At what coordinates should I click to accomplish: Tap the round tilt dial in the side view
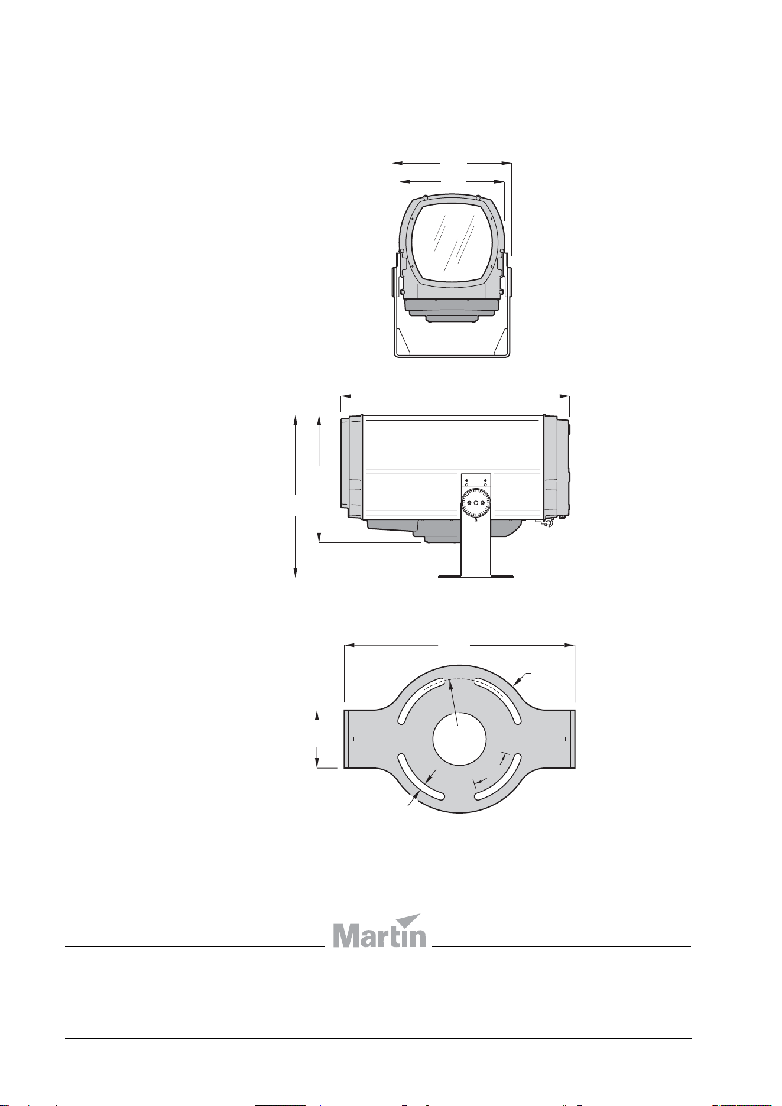(x=476, y=503)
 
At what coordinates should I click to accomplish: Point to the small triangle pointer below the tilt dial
(x=476, y=522)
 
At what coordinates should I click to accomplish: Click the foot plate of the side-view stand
(x=476, y=575)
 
